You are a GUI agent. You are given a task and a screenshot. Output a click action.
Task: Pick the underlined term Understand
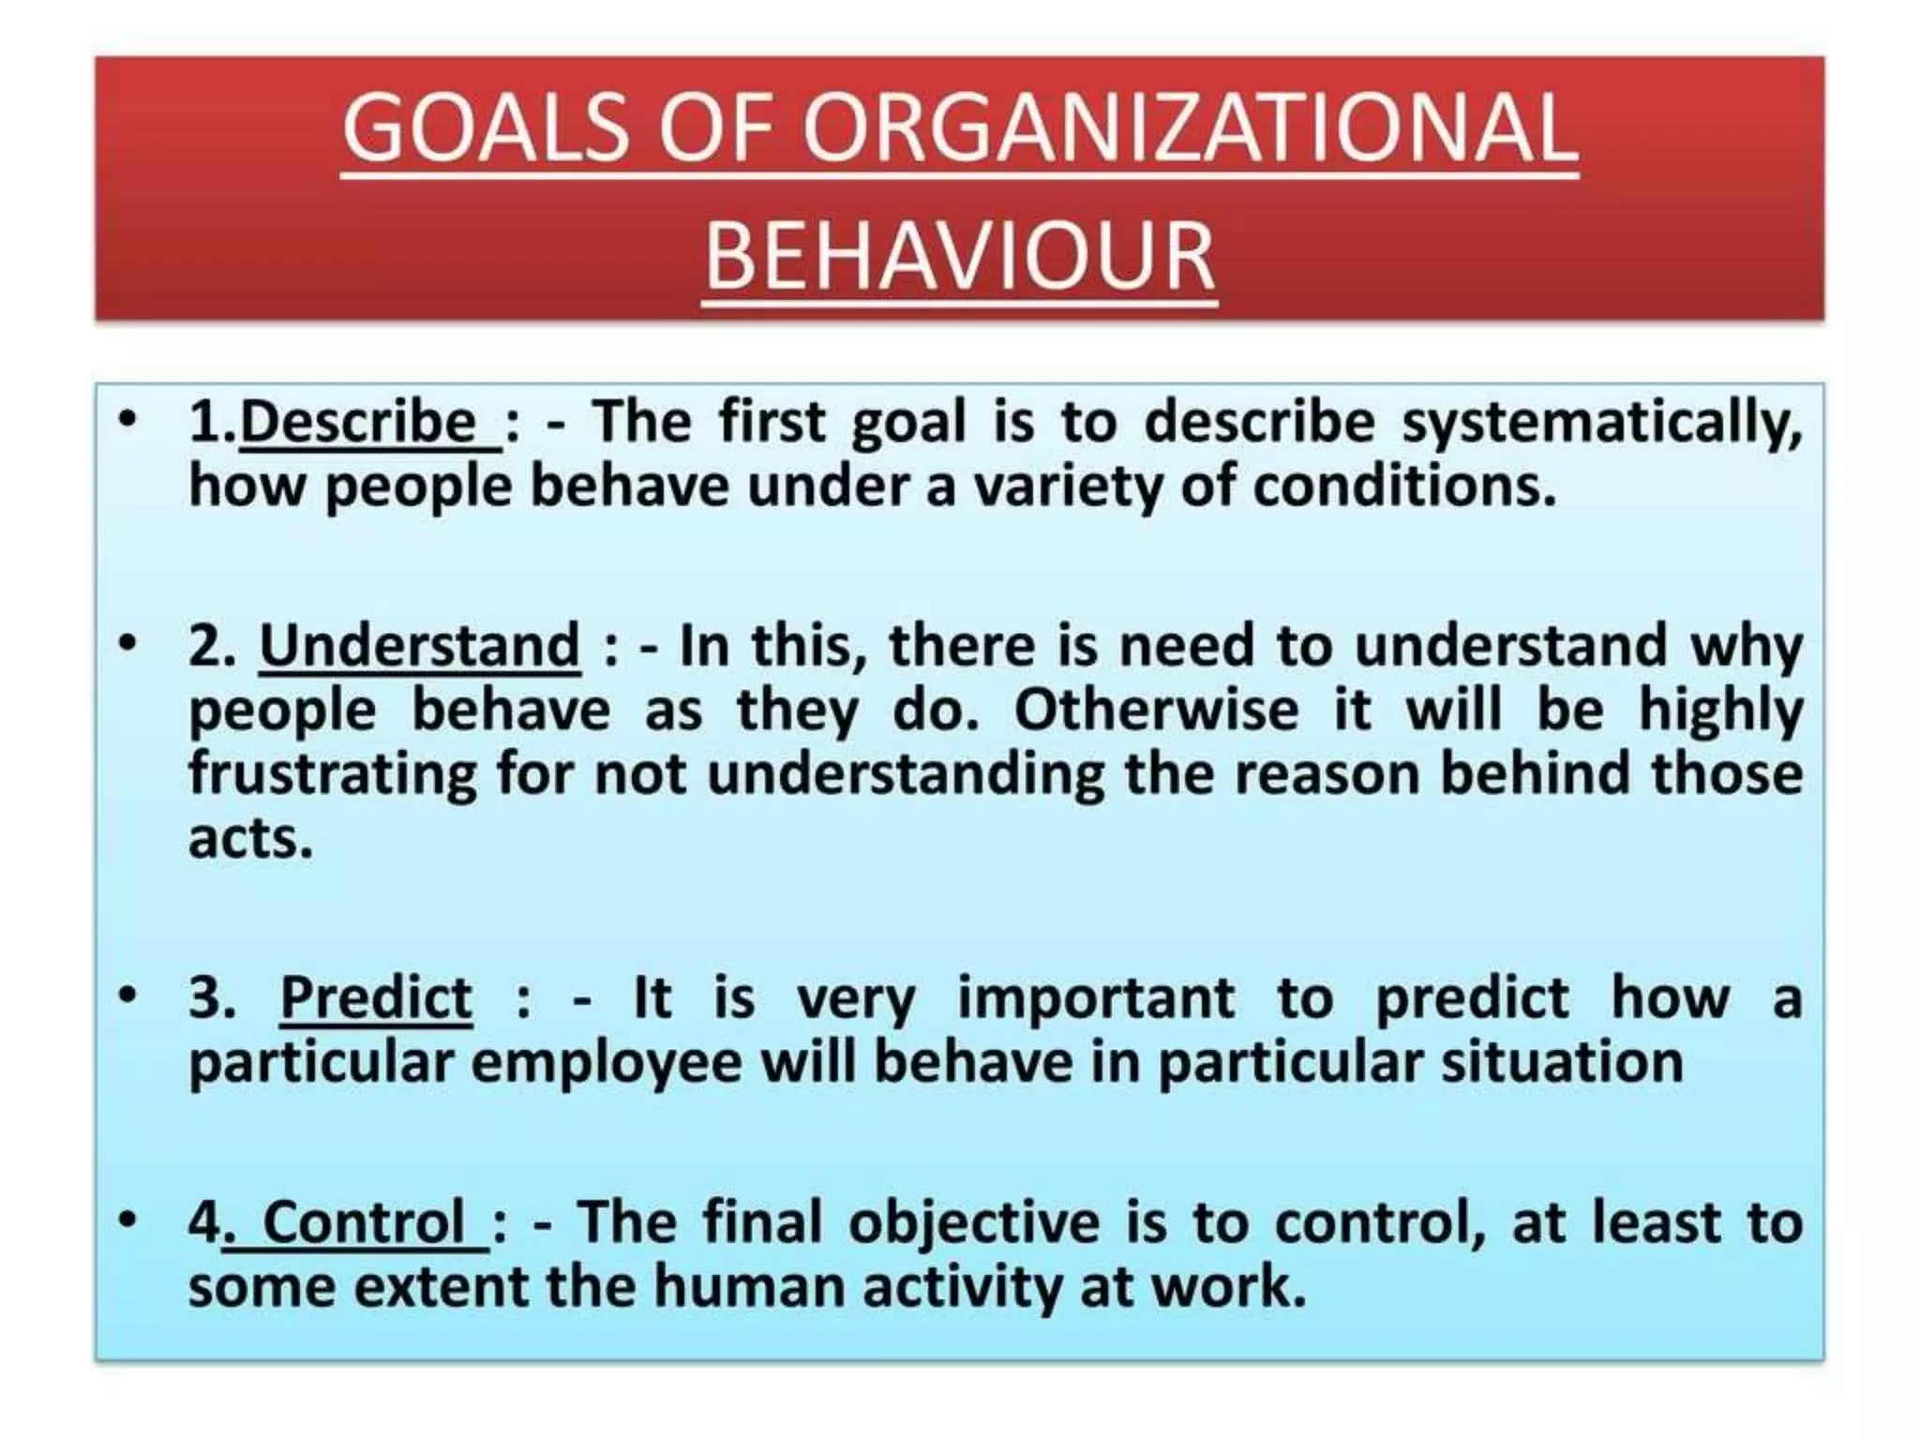419,646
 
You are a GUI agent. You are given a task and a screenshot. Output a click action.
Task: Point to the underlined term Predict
376,997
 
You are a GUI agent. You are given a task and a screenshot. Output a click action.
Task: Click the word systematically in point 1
1601,424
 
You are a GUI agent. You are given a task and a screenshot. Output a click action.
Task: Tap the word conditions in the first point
1403,487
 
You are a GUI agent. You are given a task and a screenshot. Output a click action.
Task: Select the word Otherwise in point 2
1155,710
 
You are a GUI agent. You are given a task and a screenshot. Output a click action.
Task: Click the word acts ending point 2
249,837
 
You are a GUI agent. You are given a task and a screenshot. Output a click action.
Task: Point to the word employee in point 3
606,1063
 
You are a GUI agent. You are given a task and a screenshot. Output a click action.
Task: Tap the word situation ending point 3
1562,1061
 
